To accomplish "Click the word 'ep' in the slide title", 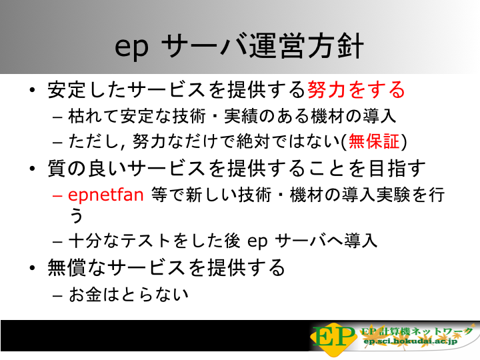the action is (131, 48).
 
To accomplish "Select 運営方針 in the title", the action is (307, 46).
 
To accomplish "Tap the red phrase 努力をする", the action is (356, 90).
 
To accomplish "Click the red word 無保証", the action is (374, 141).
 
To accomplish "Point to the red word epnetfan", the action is (105, 195).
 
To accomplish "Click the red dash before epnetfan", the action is (57, 195).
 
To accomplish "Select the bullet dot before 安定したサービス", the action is (33, 90).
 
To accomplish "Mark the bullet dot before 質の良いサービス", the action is (33, 169).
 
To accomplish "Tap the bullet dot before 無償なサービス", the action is (33, 268).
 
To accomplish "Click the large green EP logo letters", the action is (334, 337).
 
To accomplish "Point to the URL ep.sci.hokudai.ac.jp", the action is (410, 341).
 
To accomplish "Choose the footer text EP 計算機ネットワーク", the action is (417, 331).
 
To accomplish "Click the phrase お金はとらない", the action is (128, 295).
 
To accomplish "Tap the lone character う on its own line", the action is (76, 215).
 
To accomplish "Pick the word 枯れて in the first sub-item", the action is (93, 116).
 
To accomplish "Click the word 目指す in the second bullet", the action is (397, 168).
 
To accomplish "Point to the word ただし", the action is (93, 141).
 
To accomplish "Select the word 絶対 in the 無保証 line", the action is (253, 141).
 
